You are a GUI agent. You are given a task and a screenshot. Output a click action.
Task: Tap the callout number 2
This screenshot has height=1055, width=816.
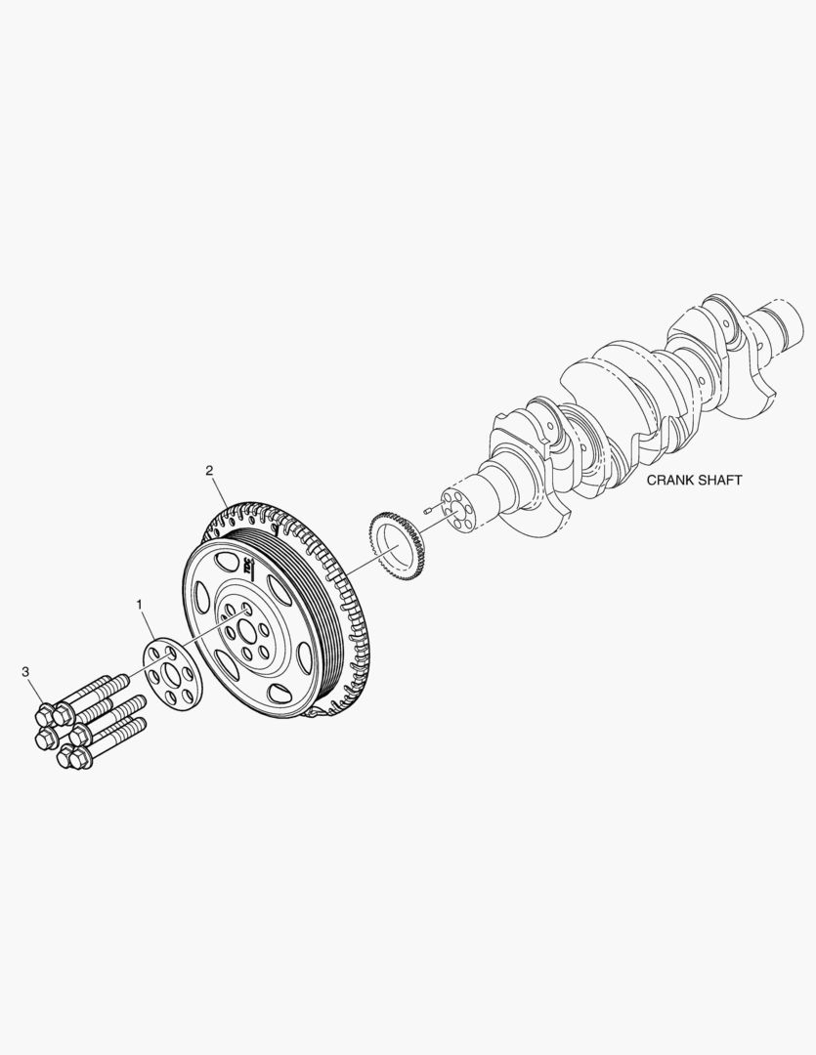(209, 470)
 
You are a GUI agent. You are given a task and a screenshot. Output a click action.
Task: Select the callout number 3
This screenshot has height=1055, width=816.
(25, 672)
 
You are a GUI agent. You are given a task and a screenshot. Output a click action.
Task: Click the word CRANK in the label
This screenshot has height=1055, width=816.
(670, 481)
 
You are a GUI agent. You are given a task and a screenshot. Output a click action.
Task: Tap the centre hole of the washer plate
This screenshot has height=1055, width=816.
(176, 675)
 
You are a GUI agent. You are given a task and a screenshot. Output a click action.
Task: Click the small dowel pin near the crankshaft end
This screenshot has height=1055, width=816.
(429, 508)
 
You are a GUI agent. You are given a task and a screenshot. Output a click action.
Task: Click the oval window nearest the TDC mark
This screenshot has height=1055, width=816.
(227, 564)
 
